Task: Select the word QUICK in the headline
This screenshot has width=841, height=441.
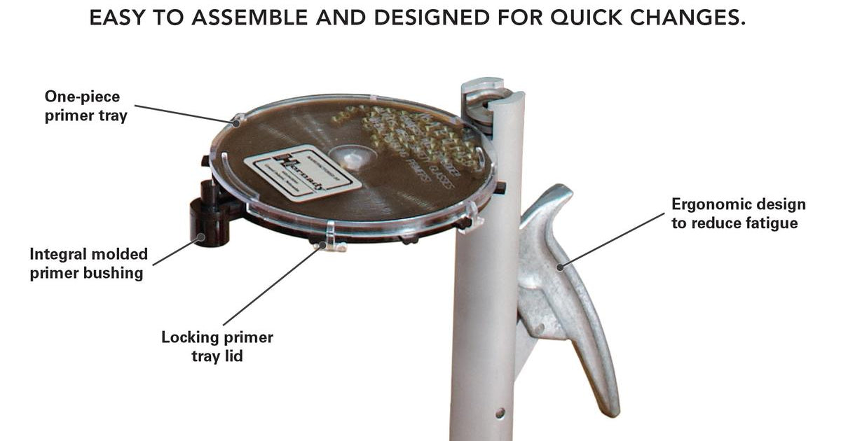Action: (x=564, y=19)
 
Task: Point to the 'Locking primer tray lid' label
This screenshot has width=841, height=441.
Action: (x=217, y=346)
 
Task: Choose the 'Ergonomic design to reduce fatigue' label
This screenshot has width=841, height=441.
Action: (x=738, y=213)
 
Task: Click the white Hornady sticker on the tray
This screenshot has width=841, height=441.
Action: (x=302, y=172)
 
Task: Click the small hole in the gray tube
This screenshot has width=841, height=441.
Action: (x=499, y=413)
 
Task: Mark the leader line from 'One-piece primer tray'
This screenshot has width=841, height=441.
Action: (x=186, y=115)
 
